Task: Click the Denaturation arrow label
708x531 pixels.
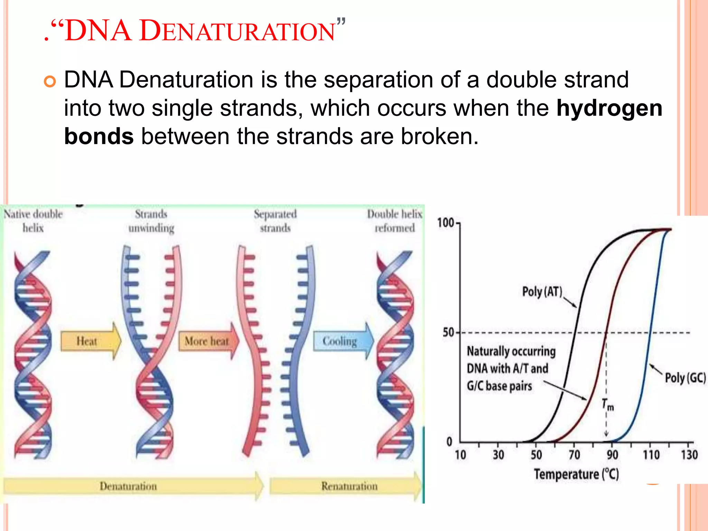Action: click(128, 486)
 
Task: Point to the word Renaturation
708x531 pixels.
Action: click(349, 486)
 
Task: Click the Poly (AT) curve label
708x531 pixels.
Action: click(542, 292)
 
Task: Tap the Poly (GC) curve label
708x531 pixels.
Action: click(685, 378)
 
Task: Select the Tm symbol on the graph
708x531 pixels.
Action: click(607, 404)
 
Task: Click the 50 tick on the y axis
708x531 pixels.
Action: click(449, 333)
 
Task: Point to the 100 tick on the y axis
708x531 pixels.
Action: click(446, 223)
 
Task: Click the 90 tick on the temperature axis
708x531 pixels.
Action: click(612, 455)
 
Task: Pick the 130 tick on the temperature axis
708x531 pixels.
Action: click(689, 455)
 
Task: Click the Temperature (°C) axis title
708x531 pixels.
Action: click(576, 474)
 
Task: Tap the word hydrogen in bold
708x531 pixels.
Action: click(609, 108)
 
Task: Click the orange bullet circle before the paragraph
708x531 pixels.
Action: click(50, 82)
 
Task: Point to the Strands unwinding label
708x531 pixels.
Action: click(151, 221)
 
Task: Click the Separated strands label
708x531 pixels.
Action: click(275, 221)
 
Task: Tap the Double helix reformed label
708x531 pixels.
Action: click(394, 221)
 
